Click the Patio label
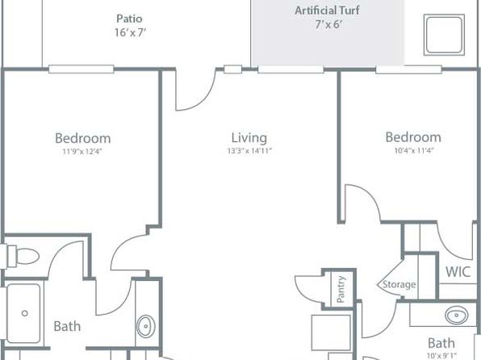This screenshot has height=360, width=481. click(x=129, y=19)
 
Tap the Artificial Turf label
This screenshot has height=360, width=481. click(x=328, y=10)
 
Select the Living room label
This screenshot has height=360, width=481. click(x=249, y=138)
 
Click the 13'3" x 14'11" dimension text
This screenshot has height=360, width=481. click(x=249, y=151)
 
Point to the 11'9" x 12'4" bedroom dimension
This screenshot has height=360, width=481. click(x=82, y=152)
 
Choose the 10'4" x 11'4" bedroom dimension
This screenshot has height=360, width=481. click(x=414, y=151)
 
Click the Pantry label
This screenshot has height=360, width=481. click(x=341, y=289)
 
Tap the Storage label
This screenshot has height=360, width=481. click(x=399, y=284)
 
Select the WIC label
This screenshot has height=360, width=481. click(x=458, y=272)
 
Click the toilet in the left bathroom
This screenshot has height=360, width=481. click(x=23, y=255)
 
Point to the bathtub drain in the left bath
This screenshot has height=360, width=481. click(x=25, y=313)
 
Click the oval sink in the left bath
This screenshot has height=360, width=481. click(x=146, y=326)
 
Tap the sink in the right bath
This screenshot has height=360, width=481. click(x=457, y=316)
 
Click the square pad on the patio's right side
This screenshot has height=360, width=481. click(x=444, y=35)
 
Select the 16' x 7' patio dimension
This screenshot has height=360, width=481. click(x=130, y=32)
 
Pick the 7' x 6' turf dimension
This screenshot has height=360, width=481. click(x=328, y=24)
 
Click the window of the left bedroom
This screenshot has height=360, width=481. click(x=82, y=69)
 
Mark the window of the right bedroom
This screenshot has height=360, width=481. click(x=408, y=69)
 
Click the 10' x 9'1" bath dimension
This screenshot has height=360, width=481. click(x=441, y=356)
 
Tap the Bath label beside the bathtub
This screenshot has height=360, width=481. click(x=67, y=326)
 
